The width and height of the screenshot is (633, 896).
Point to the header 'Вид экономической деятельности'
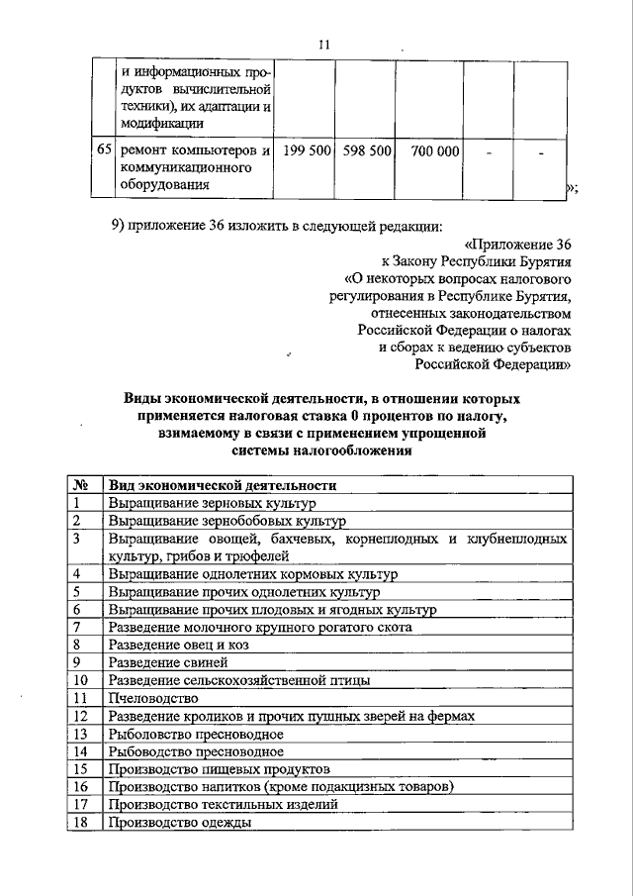click(x=223, y=486)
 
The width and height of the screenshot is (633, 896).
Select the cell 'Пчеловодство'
click(x=146, y=698)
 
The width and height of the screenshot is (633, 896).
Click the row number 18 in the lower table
click(x=82, y=823)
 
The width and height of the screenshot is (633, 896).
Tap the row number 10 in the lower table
click(x=82, y=680)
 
